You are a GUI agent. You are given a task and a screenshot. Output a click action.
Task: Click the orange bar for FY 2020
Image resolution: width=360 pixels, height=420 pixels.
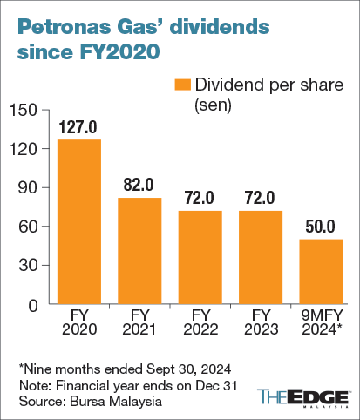[79, 222]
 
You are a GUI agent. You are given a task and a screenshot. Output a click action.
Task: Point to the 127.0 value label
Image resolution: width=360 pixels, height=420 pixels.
[79, 127]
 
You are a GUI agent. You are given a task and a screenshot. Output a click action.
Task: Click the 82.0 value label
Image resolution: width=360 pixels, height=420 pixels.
[139, 186]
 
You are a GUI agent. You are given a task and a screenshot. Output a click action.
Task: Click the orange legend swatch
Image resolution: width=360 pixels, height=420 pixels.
[180, 85]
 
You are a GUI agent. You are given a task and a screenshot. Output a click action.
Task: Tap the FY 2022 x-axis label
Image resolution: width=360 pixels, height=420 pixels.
[200, 322]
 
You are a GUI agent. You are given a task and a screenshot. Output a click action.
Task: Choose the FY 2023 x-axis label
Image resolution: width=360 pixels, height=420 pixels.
[260, 322]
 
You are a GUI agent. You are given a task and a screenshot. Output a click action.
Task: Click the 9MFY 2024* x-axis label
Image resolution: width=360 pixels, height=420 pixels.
[320, 322]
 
